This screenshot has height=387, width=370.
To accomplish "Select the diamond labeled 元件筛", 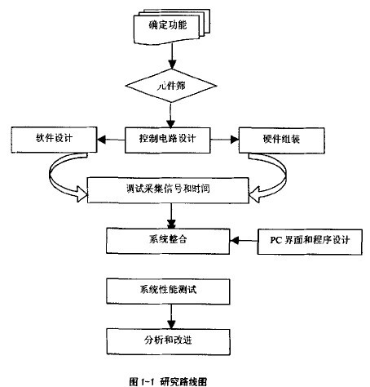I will [170, 84].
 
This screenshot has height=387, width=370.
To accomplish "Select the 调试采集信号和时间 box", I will [171, 189].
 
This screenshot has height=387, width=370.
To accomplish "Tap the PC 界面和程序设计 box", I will [307, 240].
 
